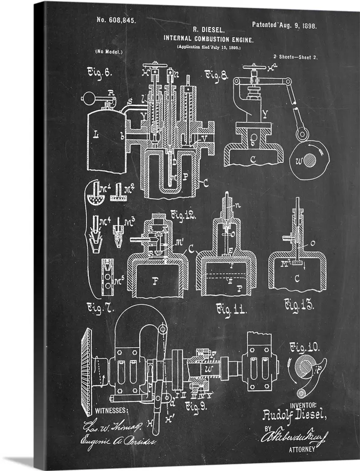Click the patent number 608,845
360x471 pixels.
click(x=116, y=20)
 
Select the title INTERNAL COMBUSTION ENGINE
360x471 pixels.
click(x=209, y=39)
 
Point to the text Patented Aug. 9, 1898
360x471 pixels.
click(x=284, y=26)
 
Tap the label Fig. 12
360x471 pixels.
click(x=183, y=215)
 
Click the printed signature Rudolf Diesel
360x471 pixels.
click(x=294, y=415)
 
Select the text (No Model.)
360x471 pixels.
click(x=109, y=52)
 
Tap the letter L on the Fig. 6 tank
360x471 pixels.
click(x=97, y=135)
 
